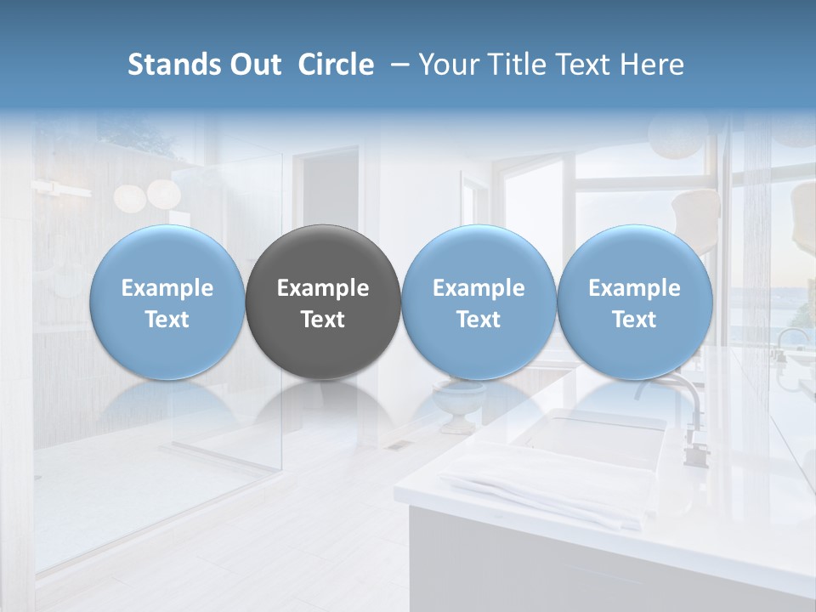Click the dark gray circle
click(323, 302)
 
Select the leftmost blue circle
click(167, 302)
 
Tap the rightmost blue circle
click(634, 302)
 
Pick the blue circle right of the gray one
click(479, 302)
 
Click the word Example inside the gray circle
click(323, 288)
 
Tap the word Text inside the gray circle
click(323, 320)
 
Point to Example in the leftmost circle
click(167, 288)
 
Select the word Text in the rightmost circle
click(634, 320)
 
